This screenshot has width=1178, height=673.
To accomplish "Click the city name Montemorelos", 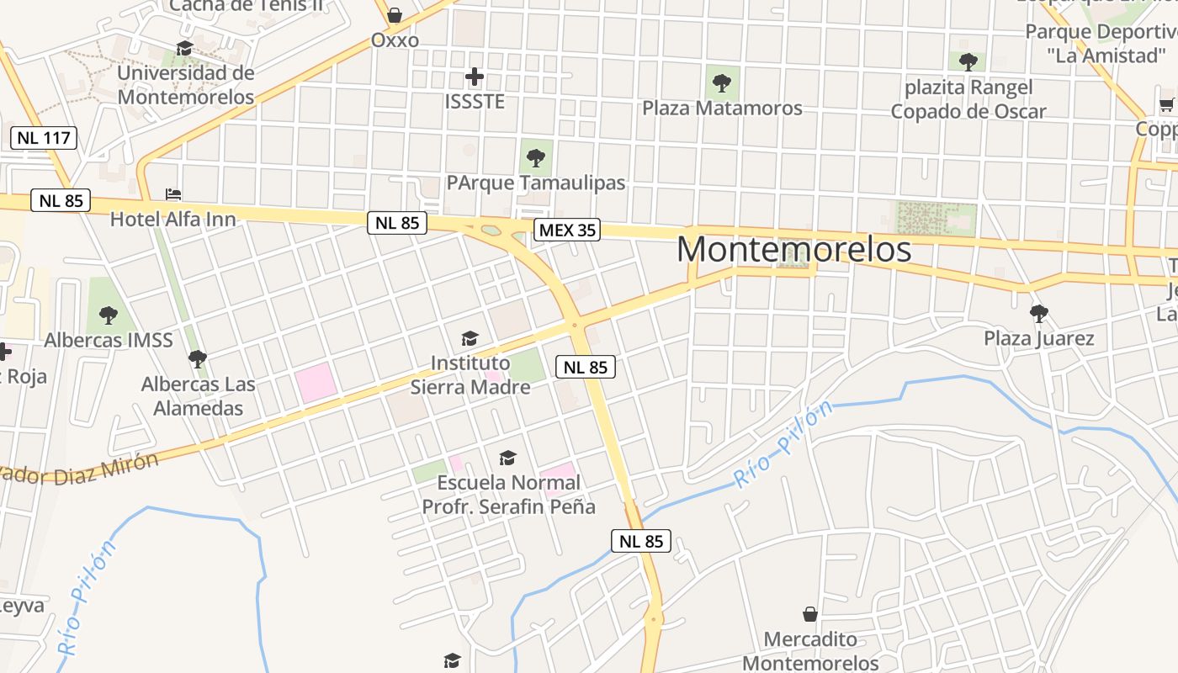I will [793, 250].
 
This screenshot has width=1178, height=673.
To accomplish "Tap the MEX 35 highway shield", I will [567, 230].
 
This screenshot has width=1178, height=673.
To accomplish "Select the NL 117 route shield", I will [45, 138].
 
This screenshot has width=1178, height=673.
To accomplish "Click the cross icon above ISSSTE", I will [475, 77].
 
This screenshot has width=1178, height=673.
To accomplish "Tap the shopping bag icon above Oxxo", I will [395, 15].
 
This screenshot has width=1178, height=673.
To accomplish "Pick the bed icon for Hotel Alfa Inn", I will [173, 194].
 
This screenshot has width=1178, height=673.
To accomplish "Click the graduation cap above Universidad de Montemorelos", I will [185, 49].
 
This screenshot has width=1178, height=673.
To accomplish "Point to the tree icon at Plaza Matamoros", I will [722, 82].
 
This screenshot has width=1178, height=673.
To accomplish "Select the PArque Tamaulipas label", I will [536, 183].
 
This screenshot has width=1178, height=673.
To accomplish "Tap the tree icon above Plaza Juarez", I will [1039, 314].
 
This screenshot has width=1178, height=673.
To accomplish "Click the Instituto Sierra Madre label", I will [470, 375].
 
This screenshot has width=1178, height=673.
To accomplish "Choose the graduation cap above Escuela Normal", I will [507, 458].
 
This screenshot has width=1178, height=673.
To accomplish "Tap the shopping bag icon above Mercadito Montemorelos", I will [810, 614].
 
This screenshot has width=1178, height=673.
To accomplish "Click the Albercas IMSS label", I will [109, 341].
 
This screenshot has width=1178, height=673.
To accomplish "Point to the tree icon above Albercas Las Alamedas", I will [198, 359].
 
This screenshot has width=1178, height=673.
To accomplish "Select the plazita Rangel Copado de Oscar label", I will [968, 99].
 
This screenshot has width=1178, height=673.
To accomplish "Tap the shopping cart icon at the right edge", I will [1166, 105].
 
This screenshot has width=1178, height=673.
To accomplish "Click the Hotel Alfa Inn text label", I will [173, 220].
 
